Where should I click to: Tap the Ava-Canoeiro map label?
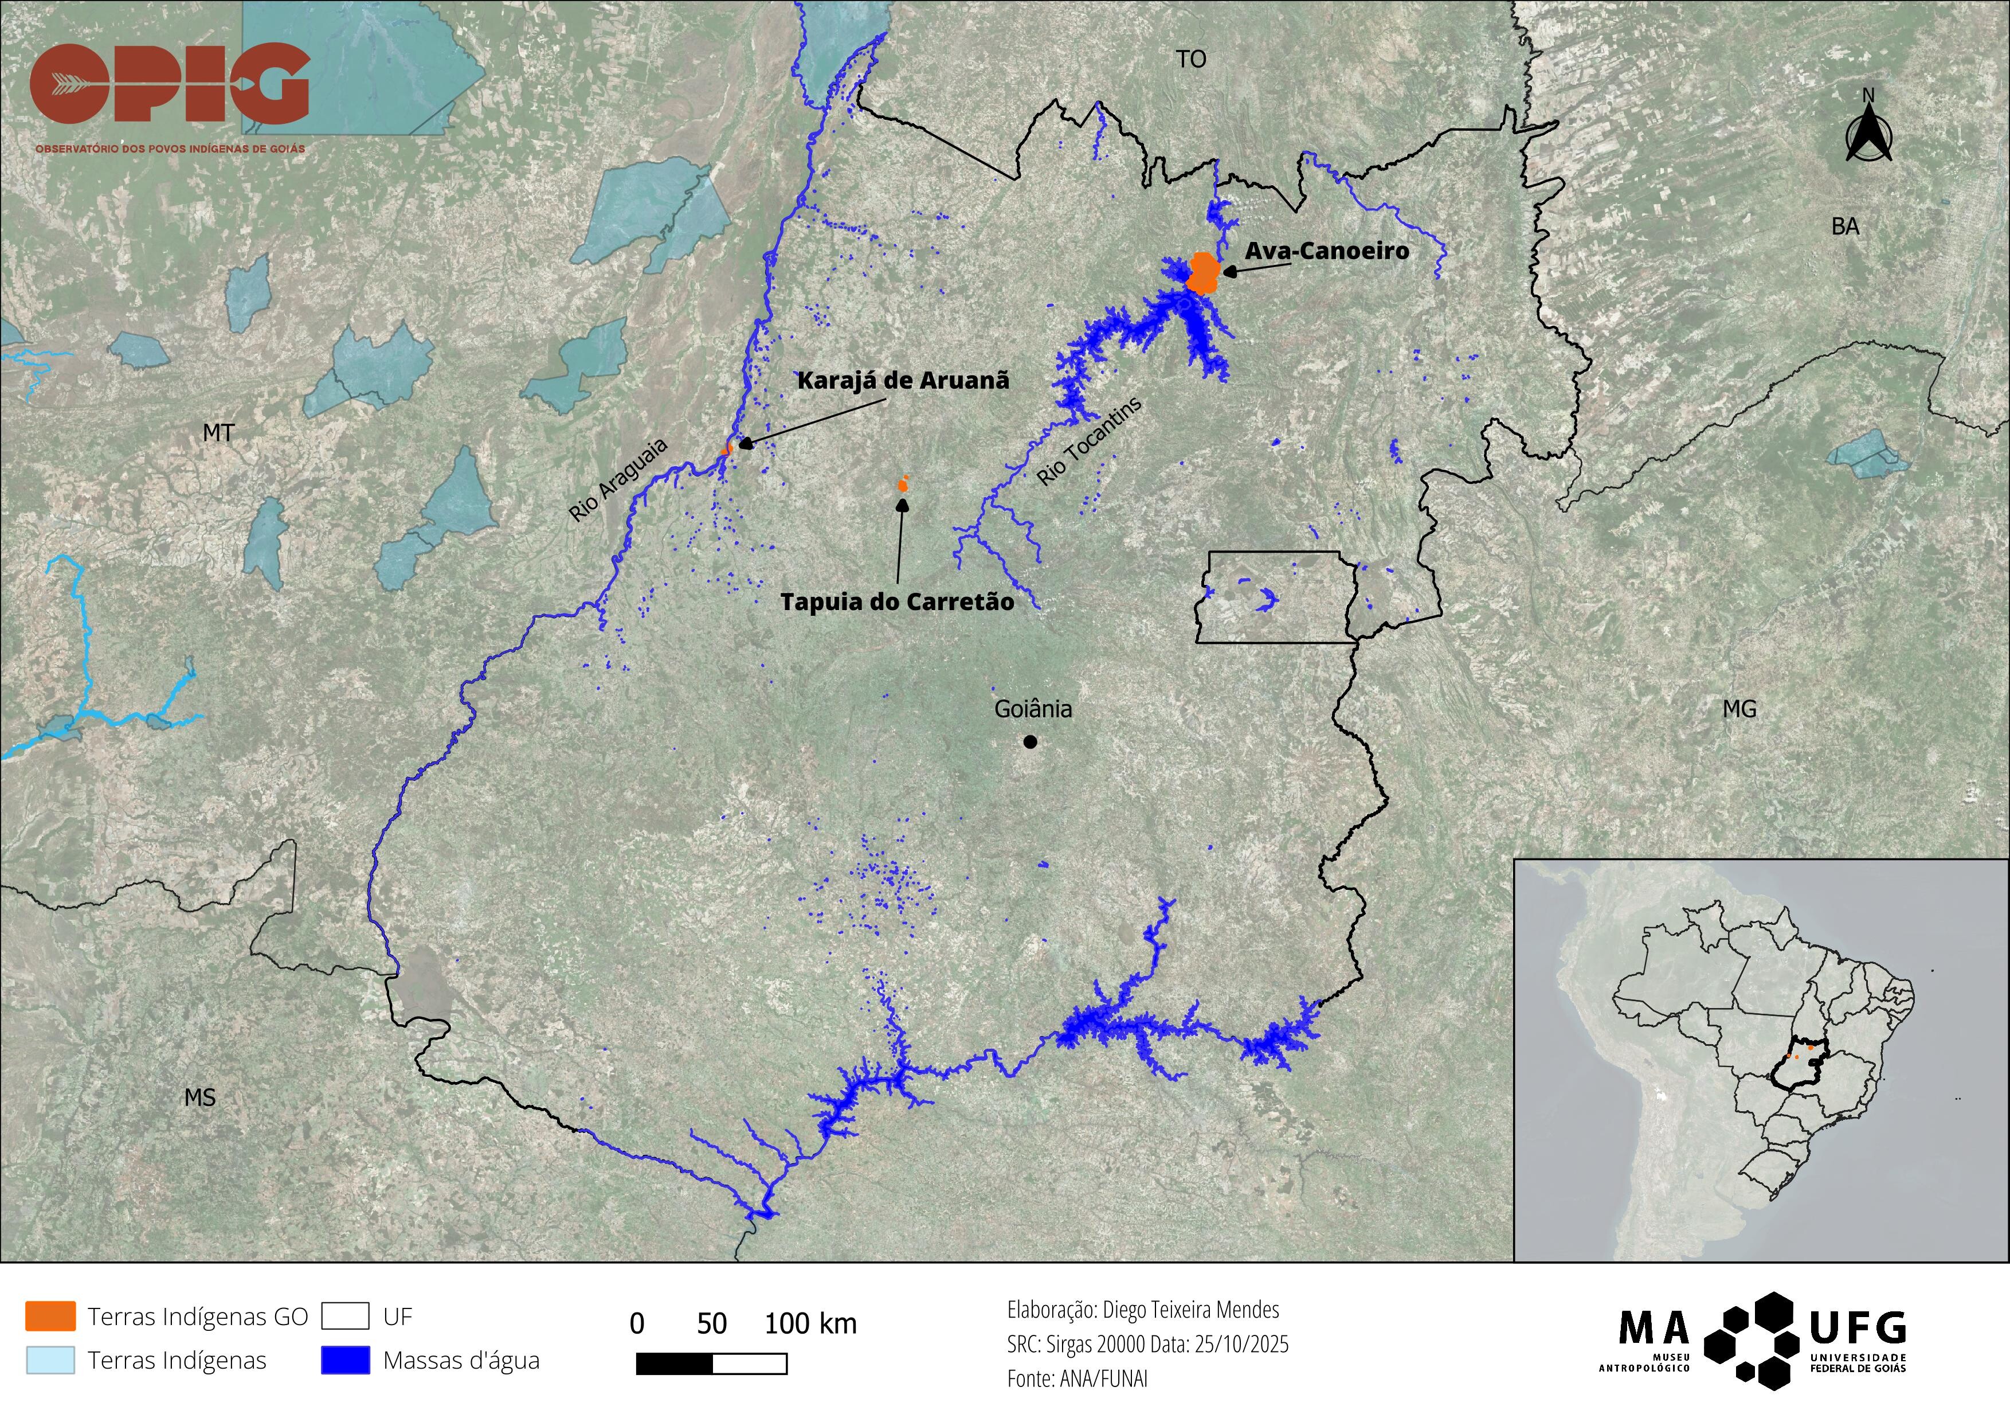(x=1326, y=251)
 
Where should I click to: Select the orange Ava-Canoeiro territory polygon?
(x=1204, y=272)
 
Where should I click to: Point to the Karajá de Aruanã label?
(x=903, y=381)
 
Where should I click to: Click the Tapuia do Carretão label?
(x=896, y=603)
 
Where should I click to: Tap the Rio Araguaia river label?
(x=618, y=480)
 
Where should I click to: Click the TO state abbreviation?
(x=1190, y=60)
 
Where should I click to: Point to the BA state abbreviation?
(x=1846, y=227)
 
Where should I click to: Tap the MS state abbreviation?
(x=199, y=1097)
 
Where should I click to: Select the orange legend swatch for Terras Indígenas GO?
(x=50, y=1316)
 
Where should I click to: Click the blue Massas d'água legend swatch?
(x=345, y=1360)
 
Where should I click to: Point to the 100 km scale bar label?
(x=810, y=1324)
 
